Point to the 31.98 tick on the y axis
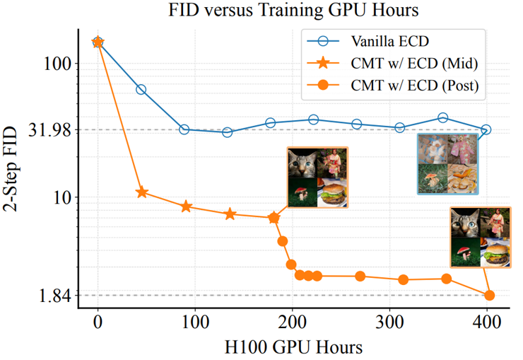(49, 130)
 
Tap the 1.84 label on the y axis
(54, 296)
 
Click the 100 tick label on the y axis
(58, 64)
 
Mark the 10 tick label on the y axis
(62, 197)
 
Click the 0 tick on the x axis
(98, 323)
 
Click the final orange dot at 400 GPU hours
(490, 295)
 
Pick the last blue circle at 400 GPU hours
(486, 129)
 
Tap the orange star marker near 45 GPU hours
(141, 192)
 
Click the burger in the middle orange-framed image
(332, 193)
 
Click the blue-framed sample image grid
(447, 163)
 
